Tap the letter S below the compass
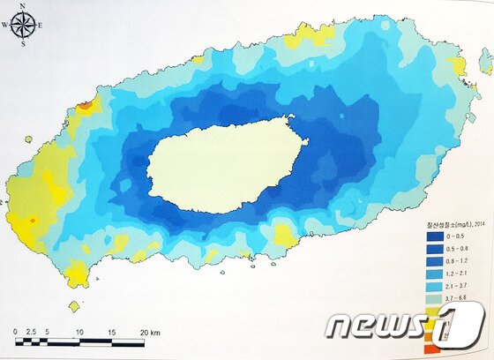26,41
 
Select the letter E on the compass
42,25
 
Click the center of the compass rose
25,25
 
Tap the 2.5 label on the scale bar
32,332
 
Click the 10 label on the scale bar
79,332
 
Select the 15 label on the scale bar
111,332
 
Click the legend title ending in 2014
447,224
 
